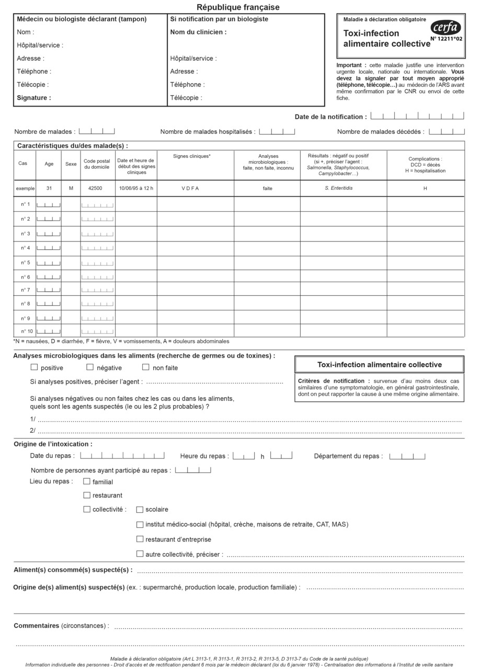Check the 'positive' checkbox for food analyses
click(35, 367)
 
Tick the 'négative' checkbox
click(90, 367)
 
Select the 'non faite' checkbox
click(146, 367)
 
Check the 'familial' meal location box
click(87, 481)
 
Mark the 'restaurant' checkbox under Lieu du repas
click(87, 495)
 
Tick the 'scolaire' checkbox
click(140, 509)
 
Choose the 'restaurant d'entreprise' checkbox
click(140, 539)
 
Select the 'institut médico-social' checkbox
click(140, 524)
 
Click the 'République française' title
click(238, 7)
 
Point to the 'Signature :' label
click(34, 98)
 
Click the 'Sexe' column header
click(71, 164)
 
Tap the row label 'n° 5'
click(25, 262)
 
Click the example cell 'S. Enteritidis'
click(338, 188)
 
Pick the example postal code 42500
click(95, 188)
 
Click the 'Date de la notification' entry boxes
click(417, 117)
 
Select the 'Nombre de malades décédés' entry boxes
click(447, 132)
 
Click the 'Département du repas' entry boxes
click(407, 456)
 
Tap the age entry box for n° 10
click(49, 331)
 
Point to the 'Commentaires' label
click(36, 626)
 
